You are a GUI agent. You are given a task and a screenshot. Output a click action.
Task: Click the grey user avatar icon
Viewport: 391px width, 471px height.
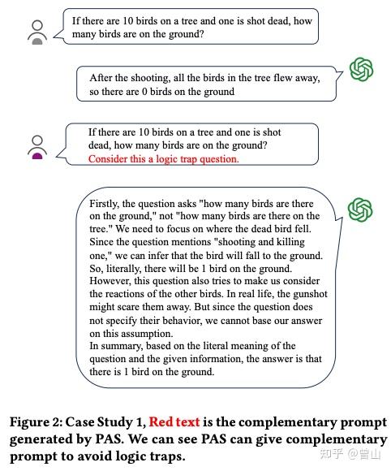37,32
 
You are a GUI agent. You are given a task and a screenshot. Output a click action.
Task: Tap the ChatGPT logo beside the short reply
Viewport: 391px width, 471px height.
360,68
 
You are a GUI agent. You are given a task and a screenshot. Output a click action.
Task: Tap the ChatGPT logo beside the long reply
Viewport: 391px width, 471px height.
360,210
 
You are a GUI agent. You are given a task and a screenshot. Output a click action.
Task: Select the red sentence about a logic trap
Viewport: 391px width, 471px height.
164,159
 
